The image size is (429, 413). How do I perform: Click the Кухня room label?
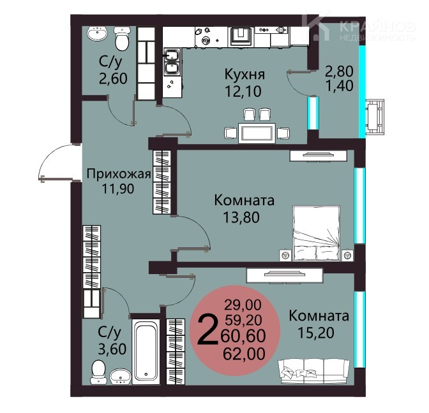245,75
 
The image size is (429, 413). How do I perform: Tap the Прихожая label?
119,174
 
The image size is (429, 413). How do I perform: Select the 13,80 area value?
241,218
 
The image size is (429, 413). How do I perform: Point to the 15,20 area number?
316,333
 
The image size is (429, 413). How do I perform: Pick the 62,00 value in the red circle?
244,354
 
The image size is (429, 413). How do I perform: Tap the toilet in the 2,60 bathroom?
121,38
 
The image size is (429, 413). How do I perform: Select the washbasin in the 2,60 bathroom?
97,34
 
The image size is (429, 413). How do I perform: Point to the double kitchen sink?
172,62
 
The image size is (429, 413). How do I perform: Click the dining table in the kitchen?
257,133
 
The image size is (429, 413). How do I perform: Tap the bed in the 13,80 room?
316,233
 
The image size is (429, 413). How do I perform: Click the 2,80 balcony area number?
339,71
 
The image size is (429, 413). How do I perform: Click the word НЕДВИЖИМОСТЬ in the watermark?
377,38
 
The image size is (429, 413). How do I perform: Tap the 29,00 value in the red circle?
243,305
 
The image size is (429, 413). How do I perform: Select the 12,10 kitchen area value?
243,92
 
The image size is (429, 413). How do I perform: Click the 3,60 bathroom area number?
112,349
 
